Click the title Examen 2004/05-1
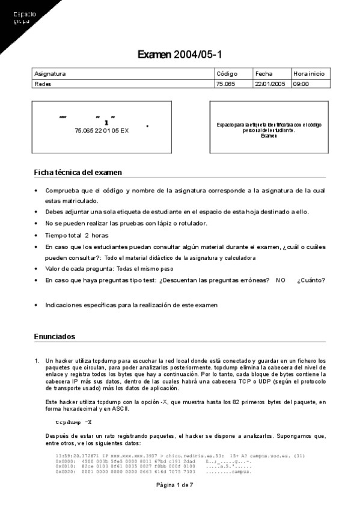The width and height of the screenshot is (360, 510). tap(180, 55)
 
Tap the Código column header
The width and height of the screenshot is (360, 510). tap(227, 74)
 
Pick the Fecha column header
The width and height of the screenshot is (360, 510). tap(264, 74)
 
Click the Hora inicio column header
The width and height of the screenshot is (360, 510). tap(309, 74)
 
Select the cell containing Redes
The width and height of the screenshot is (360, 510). tap(43, 84)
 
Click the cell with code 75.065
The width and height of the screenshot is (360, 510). tap(225, 84)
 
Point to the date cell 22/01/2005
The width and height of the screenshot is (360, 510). tap(270, 84)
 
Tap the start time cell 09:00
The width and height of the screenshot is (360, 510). tap(301, 84)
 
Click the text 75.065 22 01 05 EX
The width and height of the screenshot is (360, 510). tap(102, 130)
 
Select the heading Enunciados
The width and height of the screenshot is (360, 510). tap(55, 337)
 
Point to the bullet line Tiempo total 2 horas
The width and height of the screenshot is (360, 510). tap(76, 235)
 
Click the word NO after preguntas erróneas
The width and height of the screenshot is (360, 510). tap(281, 280)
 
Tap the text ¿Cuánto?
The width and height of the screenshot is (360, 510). tap(311, 280)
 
